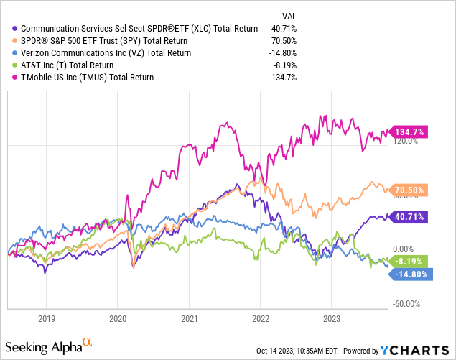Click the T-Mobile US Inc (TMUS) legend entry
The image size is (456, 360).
(x=97, y=77)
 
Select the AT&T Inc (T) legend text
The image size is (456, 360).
(x=77, y=65)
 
